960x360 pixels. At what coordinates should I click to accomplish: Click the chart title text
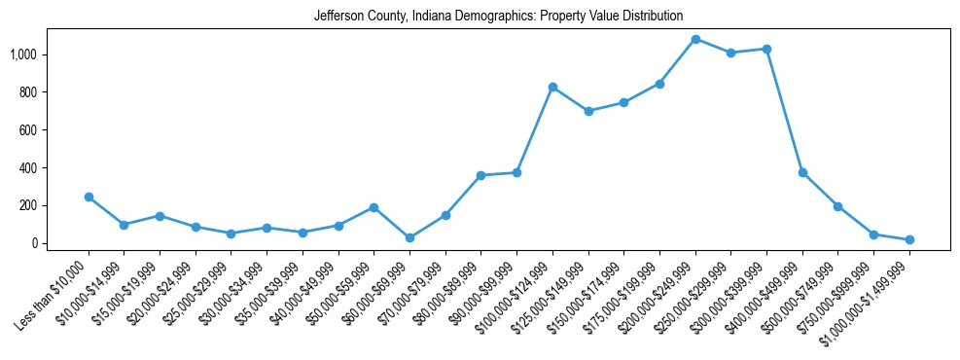(498, 17)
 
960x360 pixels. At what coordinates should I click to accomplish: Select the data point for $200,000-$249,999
(695, 39)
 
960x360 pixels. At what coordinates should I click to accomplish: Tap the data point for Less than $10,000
(89, 197)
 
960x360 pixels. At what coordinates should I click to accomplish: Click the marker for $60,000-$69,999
(409, 237)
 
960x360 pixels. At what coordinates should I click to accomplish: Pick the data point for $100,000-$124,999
(552, 87)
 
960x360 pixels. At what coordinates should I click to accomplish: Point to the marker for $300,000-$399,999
(766, 49)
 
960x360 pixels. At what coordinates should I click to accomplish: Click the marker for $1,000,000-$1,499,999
(909, 239)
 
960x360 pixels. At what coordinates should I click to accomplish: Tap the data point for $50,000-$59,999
(373, 207)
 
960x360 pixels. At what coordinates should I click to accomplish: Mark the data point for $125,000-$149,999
(588, 111)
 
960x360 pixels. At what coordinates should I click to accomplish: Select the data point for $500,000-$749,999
(838, 206)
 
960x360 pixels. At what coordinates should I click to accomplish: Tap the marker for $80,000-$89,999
(480, 175)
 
